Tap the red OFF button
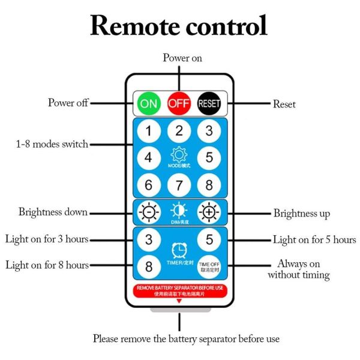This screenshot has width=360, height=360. coord(178,103)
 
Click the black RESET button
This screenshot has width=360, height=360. coord(209,103)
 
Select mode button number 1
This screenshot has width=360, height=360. coord(148,130)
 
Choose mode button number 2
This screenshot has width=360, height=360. coord(178,130)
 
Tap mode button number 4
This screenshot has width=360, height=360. coord(148,158)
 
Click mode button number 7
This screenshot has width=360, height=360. coord(178,185)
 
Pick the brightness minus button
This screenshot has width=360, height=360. coord(148,212)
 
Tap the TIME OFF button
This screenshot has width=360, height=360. coord(209,266)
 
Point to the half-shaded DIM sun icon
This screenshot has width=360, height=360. coord(178,211)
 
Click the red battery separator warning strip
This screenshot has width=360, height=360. coord(179,290)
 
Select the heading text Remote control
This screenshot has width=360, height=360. coord(179,26)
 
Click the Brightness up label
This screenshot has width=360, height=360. coord(302,213)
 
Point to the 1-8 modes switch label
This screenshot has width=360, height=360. coord(52,144)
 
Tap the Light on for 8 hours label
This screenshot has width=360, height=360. coord(47,265)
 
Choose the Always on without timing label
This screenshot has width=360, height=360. coord(298,269)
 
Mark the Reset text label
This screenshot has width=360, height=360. coord(284,104)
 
